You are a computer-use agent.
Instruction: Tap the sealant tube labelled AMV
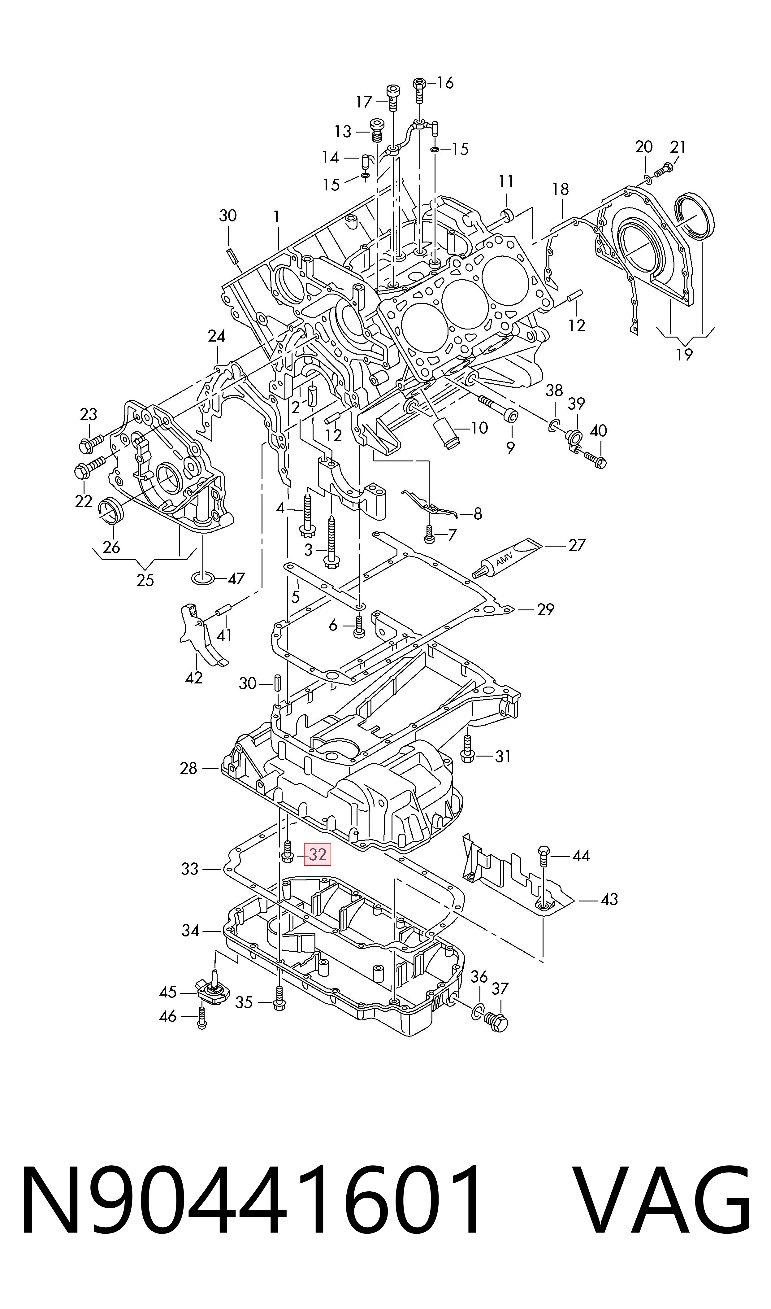[x=507, y=558]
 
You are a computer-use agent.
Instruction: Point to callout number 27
[x=577, y=545]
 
